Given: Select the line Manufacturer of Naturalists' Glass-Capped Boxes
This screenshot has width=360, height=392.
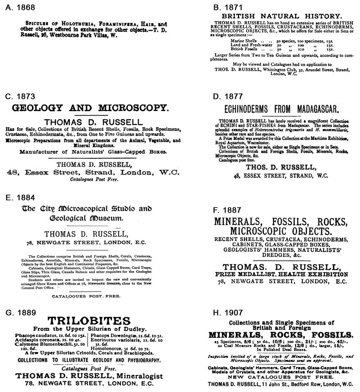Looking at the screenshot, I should click(89, 152).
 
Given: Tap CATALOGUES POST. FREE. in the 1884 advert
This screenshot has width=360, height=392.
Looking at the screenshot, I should click(88, 297).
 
